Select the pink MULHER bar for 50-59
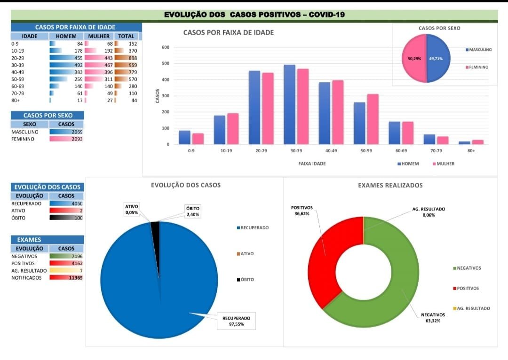[373, 119]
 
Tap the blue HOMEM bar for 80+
[464, 142]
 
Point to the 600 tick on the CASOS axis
[165, 47]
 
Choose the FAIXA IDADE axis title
[312, 164]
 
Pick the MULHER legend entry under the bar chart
[443, 164]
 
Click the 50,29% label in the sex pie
[408, 59]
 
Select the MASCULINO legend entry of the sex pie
[478, 49]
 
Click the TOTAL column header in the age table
[126, 36]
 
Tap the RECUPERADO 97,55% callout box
[236, 321]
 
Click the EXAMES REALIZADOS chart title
[390, 185]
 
